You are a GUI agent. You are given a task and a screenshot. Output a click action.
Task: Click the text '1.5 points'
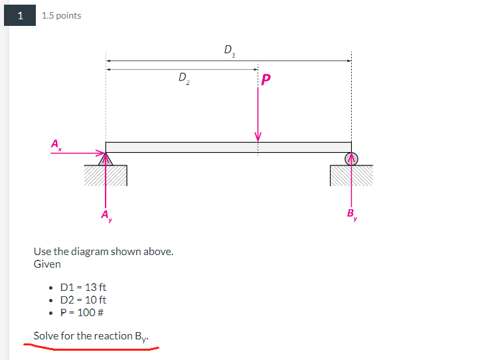[x=61, y=16]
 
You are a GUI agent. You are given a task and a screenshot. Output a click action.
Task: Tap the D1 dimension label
[x=229, y=49]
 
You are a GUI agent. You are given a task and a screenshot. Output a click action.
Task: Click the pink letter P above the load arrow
[x=266, y=80]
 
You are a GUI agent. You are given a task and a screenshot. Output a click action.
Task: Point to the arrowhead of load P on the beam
[x=258, y=137]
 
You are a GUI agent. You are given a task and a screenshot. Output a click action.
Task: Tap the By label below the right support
[x=351, y=214]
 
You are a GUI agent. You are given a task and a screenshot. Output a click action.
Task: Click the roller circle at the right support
[x=351, y=158]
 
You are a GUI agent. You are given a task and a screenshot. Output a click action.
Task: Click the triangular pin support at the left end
[x=106, y=159]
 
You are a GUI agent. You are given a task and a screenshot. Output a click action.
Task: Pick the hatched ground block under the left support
[x=105, y=175]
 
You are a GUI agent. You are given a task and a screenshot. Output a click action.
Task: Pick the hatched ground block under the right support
[x=351, y=175]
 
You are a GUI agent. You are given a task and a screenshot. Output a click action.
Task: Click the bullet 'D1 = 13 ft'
[x=82, y=287]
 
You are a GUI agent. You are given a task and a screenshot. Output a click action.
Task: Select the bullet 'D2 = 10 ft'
[x=82, y=300]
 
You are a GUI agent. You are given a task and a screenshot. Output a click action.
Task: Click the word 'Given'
[x=47, y=264]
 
